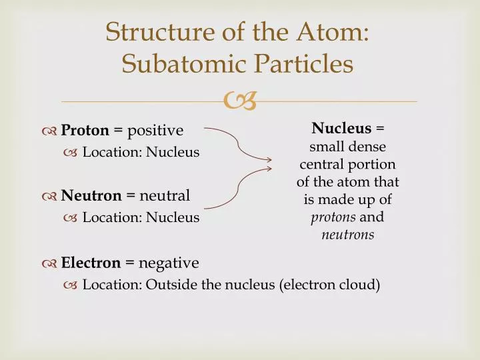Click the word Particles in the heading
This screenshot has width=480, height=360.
click(304, 64)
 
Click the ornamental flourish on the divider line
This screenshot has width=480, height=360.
click(240, 101)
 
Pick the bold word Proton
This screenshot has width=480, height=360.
click(85, 130)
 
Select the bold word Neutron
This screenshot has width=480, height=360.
click(91, 195)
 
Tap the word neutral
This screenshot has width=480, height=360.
click(165, 195)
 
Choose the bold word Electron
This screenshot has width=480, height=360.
click(91, 263)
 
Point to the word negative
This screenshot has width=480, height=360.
click(169, 263)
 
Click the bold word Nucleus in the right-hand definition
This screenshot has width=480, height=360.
click(341, 128)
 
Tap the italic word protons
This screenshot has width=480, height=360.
click(333, 217)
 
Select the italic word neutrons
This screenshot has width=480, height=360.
click(348, 235)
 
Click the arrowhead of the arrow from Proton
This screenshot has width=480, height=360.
click(269, 159)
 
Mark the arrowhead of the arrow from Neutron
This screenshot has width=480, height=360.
click(269, 168)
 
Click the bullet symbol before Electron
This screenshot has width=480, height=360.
click(49, 263)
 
